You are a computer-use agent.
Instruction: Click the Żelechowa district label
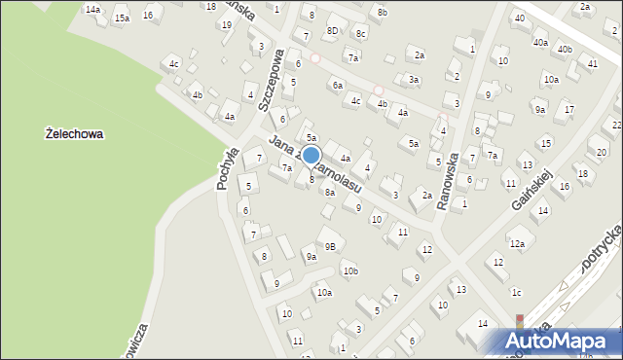tap(75, 134)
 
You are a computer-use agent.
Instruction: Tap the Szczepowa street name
tap(276, 72)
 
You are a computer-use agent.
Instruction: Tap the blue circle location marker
tap(311, 156)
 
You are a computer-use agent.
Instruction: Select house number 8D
tap(332, 31)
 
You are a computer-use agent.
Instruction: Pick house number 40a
tap(539, 44)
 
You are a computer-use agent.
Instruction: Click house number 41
tap(592, 63)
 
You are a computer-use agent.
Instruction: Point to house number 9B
tap(330, 246)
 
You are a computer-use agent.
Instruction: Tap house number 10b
tap(349, 270)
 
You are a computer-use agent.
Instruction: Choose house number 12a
tap(517, 244)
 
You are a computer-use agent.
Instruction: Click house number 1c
tap(517, 293)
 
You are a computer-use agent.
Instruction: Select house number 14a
tap(92, 9)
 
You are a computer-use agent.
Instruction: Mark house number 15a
tap(121, 18)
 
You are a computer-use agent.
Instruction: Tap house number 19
tap(227, 24)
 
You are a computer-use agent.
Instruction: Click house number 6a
tap(337, 86)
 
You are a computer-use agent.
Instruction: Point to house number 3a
tap(414, 80)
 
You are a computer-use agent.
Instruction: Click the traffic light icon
tap(519, 321)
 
